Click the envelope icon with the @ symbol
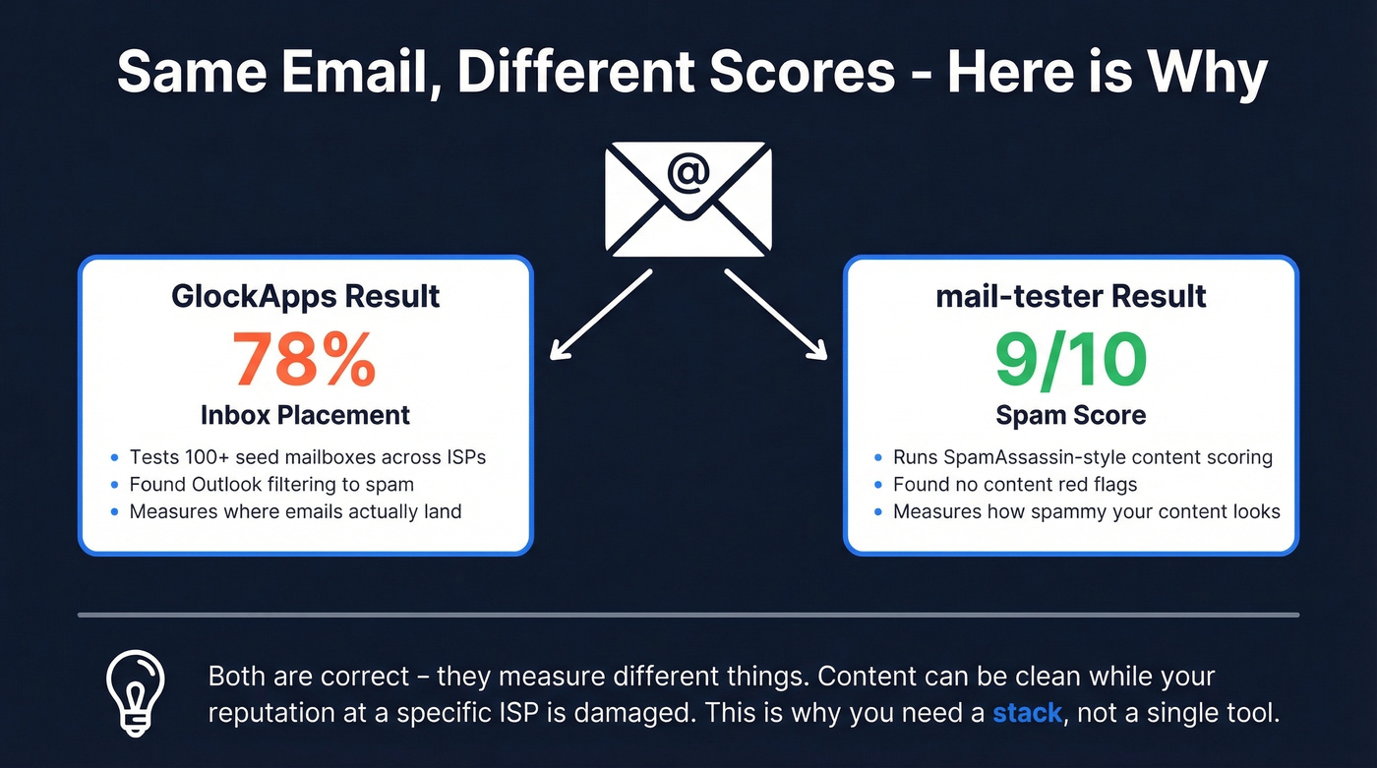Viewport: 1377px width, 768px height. [x=688, y=200]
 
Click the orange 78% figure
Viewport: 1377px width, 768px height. [x=304, y=359]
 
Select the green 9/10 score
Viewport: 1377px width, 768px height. [x=1070, y=359]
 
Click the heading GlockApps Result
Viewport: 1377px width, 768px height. [x=305, y=296]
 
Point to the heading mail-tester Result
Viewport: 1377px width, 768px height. [x=1071, y=296]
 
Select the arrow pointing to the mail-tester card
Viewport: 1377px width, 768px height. [x=777, y=316]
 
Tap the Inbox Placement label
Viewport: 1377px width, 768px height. [x=305, y=415]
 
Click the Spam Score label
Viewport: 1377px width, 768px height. [x=1070, y=415]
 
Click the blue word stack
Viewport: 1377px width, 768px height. [x=1027, y=713]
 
